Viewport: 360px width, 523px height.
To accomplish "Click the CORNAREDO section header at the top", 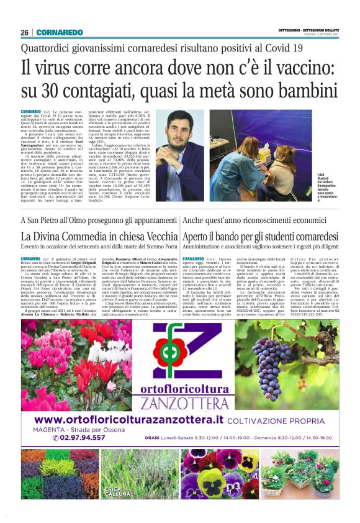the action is tap(60, 32).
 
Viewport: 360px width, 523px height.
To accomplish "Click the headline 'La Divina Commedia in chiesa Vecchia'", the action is tap(99, 237).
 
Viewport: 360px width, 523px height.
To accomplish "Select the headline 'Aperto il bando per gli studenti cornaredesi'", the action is tap(259, 237).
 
